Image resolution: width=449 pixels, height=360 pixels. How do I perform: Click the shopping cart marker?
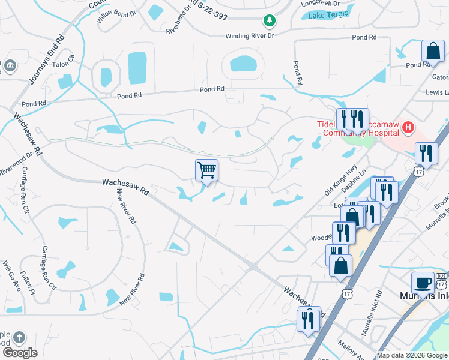[206, 170]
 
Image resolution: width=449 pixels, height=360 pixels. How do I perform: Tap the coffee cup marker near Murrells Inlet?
[423, 283]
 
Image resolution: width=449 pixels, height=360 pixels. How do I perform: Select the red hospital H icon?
[408, 127]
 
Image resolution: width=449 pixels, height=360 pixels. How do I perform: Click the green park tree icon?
[270, 21]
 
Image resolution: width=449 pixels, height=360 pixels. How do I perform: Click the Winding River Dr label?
[250, 36]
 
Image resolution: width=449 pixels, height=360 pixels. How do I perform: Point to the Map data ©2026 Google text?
[412, 355]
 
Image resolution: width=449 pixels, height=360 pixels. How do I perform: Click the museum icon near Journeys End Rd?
[10, 65]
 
